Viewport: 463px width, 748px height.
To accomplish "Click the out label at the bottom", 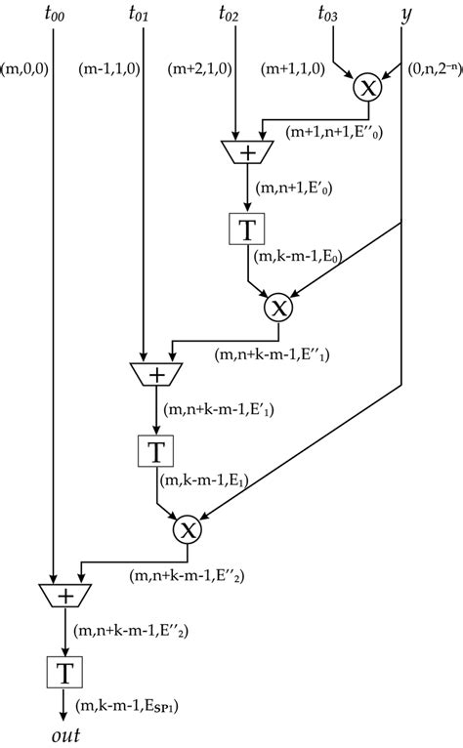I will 65,733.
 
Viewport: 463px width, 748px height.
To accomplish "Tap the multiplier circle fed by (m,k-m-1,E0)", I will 277,309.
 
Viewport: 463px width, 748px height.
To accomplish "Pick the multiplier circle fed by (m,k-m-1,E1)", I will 186,530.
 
